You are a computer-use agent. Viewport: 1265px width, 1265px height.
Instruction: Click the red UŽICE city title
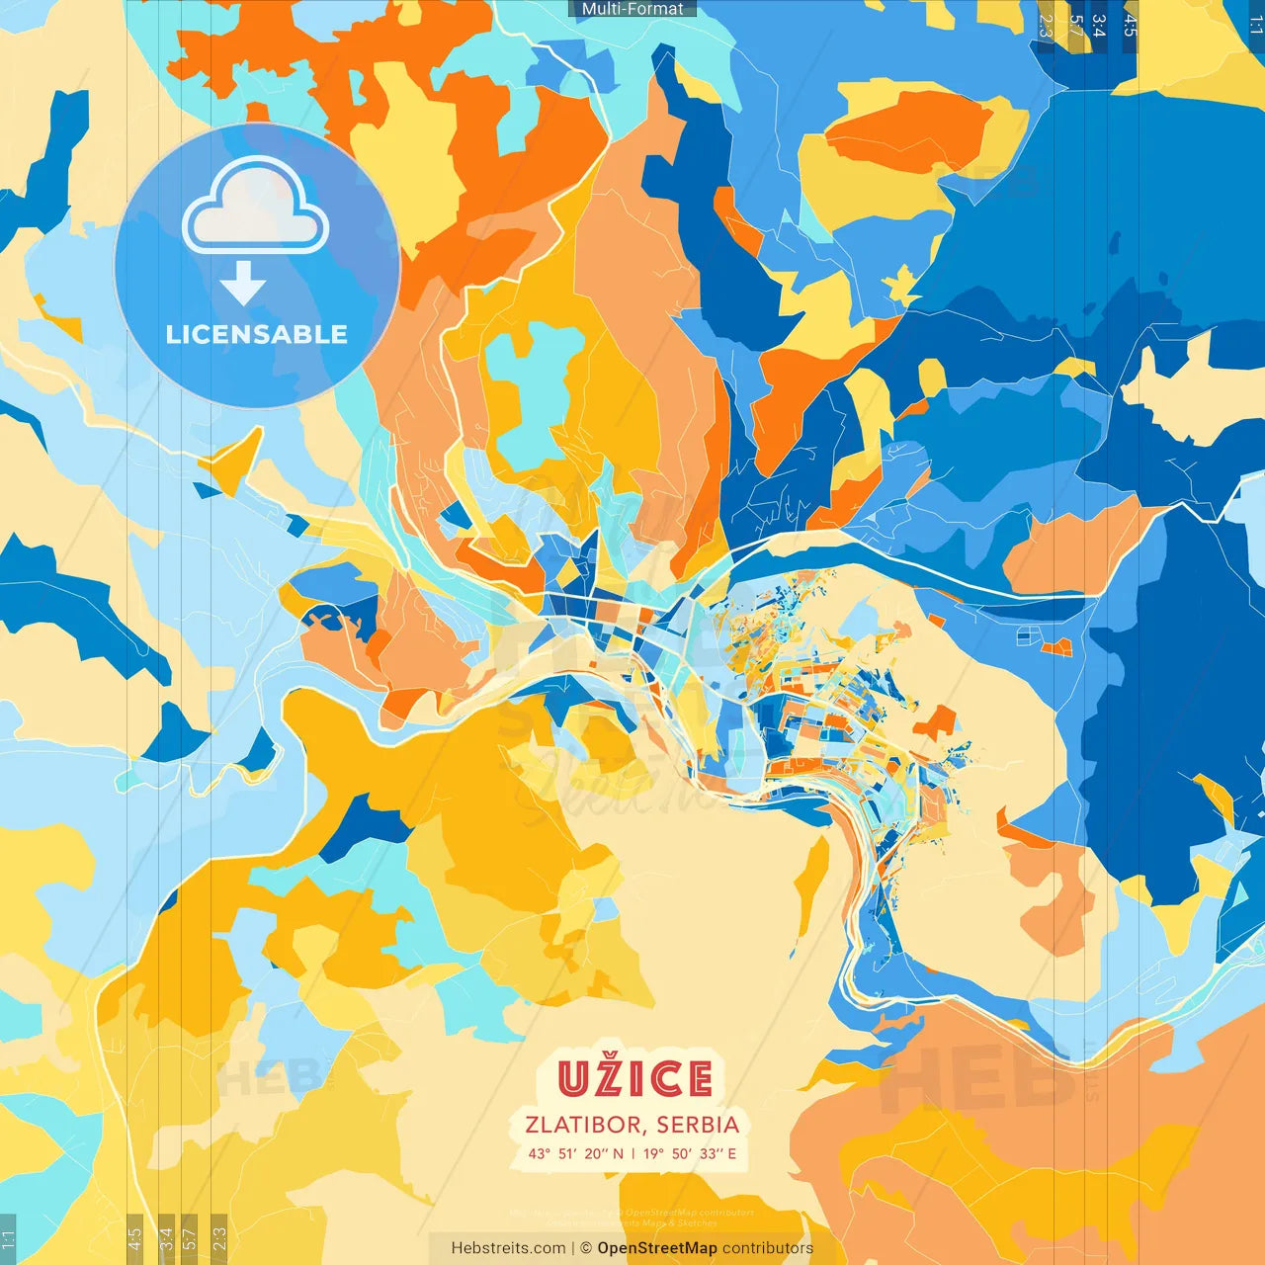pyautogui.click(x=634, y=1078)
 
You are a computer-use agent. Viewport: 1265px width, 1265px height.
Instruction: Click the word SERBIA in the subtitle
pyautogui.click(x=698, y=1125)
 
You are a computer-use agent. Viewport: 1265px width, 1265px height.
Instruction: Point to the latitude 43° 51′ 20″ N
pyautogui.click(x=576, y=1153)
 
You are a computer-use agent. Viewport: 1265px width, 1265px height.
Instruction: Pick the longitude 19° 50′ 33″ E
pyautogui.click(x=690, y=1153)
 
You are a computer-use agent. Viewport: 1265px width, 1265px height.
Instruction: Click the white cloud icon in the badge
pyautogui.click(x=256, y=210)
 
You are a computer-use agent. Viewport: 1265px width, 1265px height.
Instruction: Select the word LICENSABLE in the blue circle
pyautogui.click(x=257, y=334)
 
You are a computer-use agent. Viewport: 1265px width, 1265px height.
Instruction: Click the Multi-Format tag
pyautogui.click(x=632, y=9)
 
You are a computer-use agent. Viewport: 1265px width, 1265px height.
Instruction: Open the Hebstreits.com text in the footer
pyautogui.click(x=508, y=1248)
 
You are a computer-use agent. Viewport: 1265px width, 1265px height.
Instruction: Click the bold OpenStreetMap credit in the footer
pyautogui.click(x=657, y=1248)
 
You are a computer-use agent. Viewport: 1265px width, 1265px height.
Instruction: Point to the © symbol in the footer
pyautogui.click(x=586, y=1248)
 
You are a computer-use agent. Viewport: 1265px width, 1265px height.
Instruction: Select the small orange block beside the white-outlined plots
pyautogui.click(x=1056, y=647)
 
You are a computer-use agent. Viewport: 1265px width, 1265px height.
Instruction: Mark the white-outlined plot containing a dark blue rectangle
pyautogui.click(x=1028, y=636)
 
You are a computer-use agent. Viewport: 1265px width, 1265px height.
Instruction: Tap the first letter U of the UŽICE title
pyautogui.click(x=572, y=1078)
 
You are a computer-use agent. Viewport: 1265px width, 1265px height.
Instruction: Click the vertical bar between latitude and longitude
pyautogui.click(x=633, y=1153)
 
